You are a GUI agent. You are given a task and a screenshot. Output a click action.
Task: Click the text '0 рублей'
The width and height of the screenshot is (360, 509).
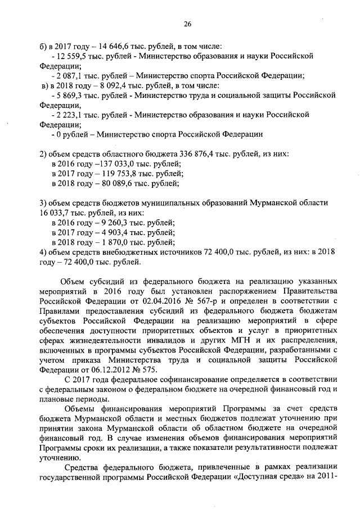coord(73,134)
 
